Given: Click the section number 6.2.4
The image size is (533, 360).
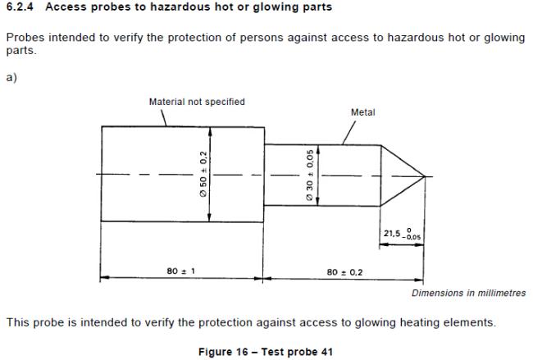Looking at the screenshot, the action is coord(20,7).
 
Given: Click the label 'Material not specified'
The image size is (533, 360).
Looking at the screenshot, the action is coord(197,102).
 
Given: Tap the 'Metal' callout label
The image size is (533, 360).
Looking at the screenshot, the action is coord(362,112).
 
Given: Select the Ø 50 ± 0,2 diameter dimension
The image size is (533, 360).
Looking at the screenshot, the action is coord(203,174).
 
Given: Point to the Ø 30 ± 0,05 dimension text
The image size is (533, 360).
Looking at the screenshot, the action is coord(310,175).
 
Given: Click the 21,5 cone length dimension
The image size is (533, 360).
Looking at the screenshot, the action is coord(402,234).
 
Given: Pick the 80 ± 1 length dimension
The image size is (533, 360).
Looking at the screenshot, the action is coord(181,271).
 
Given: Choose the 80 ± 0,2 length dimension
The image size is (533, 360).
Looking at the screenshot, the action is coord(344,272).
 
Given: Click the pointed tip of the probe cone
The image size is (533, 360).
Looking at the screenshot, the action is coord(425,176).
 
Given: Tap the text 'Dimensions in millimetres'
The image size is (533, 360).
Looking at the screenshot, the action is coord(469,293).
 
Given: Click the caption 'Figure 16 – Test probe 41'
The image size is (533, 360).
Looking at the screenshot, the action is coord(266,352).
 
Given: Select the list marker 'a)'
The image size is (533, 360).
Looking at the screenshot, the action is coord(11,78).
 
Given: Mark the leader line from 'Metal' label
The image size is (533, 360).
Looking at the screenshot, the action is coord(349,133).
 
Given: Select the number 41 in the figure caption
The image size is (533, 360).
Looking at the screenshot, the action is coord(326,352).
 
